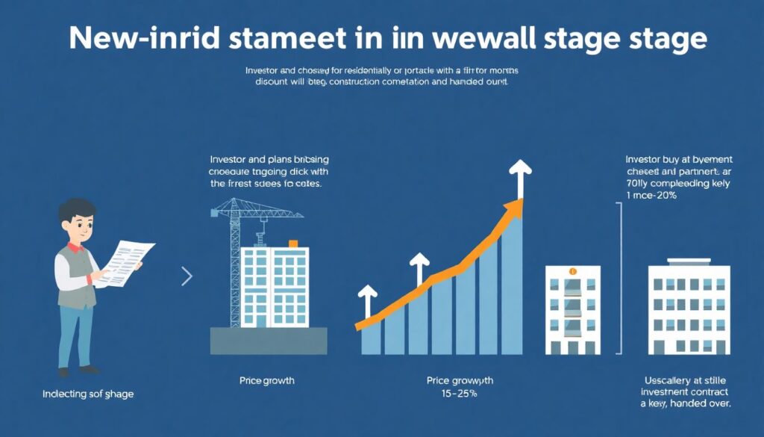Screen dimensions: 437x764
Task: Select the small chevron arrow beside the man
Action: (187, 276)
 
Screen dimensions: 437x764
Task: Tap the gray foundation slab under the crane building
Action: (269, 340)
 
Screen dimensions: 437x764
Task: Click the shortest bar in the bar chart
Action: (371, 338)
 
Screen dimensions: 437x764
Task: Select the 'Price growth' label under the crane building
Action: (266, 381)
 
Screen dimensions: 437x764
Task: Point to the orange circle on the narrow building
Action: (572, 271)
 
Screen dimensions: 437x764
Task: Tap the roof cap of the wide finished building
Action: (689, 261)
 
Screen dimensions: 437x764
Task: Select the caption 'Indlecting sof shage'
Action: (88, 393)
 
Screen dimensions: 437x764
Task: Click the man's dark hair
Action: (78, 211)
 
